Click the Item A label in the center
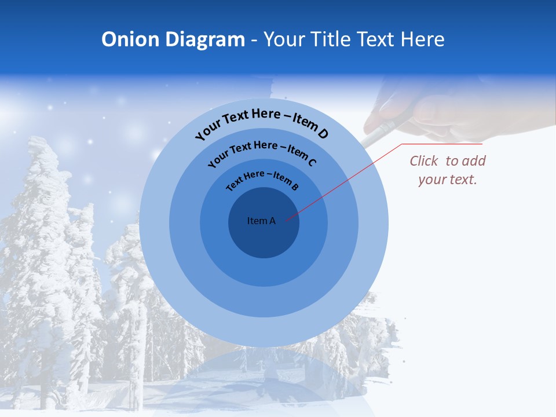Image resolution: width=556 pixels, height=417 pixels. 261,221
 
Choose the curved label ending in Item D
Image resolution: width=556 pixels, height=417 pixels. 262,123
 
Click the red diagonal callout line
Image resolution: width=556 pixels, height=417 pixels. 348,180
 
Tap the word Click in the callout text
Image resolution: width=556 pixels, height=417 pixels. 425,161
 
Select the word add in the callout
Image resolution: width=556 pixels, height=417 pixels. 474,161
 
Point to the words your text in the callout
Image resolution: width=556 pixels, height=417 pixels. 447,180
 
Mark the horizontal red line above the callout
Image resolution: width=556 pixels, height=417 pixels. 442,144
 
